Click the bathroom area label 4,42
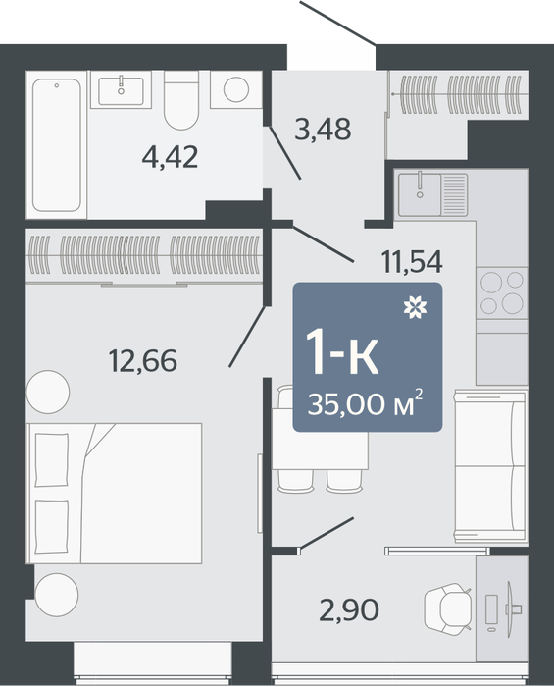[171, 158]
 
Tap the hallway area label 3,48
[323, 130]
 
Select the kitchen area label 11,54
[412, 262]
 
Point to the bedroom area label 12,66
[143, 360]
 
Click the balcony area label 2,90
[349, 610]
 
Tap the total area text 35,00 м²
[366, 403]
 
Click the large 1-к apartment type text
[342, 351]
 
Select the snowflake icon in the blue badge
[415, 307]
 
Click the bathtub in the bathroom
[57, 144]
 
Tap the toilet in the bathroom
[181, 100]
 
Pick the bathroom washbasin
[121, 90]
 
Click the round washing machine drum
[236, 89]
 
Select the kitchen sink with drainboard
[432, 194]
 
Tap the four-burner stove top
[502, 292]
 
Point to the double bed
[114, 494]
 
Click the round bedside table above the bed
[48, 392]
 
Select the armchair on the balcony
[448, 609]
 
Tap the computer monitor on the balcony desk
[510, 609]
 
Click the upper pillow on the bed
[52, 459]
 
